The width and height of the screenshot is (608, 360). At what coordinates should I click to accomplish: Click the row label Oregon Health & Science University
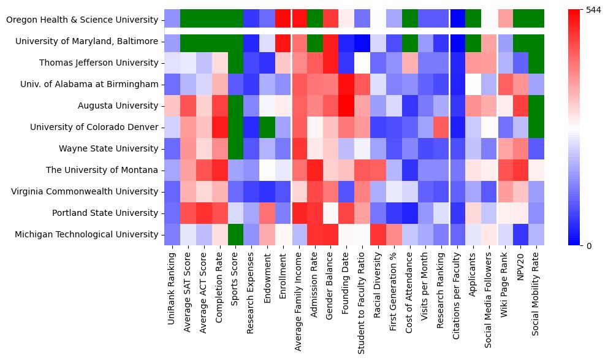tap(82, 20)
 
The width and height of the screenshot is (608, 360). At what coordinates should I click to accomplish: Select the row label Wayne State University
tap(108, 149)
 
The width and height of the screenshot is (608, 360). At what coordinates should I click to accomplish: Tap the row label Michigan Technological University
tap(86, 235)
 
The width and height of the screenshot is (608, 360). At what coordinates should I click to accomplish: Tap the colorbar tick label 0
tap(590, 246)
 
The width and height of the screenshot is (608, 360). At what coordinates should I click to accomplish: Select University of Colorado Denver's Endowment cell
tap(267, 127)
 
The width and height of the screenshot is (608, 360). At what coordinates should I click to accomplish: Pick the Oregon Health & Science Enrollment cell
tap(283, 19)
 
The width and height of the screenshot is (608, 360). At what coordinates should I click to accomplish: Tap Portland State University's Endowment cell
tap(267, 213)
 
